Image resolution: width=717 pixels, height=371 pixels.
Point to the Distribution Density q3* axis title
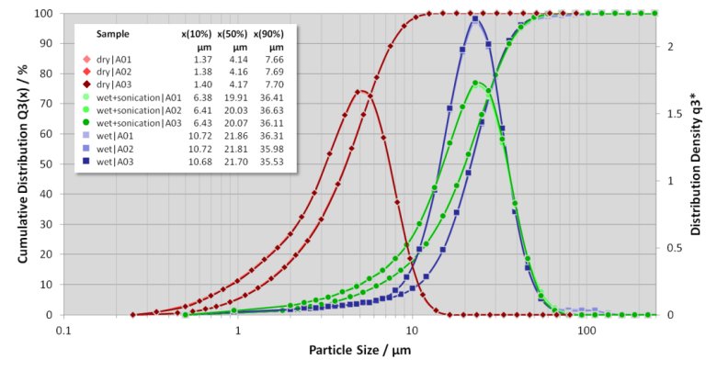(x=701, y=163)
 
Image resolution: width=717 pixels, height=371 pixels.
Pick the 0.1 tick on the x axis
(x=63, y=329)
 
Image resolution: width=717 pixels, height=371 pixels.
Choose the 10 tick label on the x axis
(x=412, y=329)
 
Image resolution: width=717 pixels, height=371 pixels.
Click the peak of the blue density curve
(x=475, y=17)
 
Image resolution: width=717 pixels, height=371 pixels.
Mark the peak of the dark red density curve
(x=358, y=90)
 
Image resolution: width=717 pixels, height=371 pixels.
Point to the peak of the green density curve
(x=475, y=83)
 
